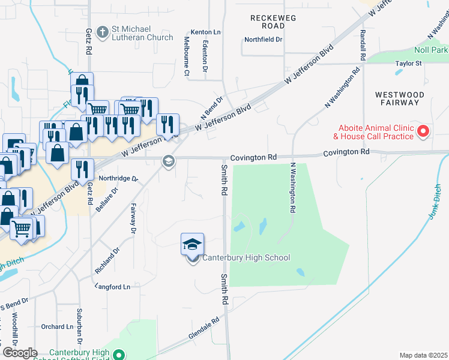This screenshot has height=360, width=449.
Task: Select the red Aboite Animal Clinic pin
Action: pyautogui.click(x=424, y=130)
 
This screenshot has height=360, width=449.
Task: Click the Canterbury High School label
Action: pyautogui.click(x=246, y=258)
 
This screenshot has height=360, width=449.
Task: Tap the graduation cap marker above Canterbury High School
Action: pyautogui.click(x=193, y=244)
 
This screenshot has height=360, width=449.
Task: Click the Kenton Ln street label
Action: pyautogui.click(x=206, y=32)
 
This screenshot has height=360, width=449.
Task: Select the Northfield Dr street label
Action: pyautogui.click(x=263, y=40)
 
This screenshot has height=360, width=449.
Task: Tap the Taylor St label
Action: pyautogui.click(x=408, y=63)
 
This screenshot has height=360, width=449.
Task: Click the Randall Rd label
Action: pyautogui.click(x=363, y=46)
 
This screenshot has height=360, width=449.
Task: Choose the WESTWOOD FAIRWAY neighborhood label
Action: pyautogui.click(x=399, y=98)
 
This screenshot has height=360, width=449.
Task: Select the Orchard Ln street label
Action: pyautogui.click(x=57, y=327)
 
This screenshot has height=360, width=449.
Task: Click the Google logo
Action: pyautogui.click(x=20, y=353)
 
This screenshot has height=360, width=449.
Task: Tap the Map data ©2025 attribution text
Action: pyautogui.click(x=423, y=355)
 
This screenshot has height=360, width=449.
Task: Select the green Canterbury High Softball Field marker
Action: pyautogui.click(x=119, y=355)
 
